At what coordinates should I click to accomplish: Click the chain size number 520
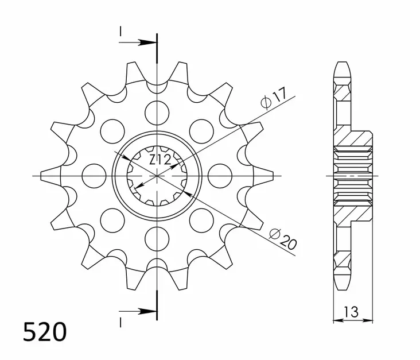point(45,332)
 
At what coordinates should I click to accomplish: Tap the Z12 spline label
point(160,160)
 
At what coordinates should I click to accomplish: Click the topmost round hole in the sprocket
point(156,109)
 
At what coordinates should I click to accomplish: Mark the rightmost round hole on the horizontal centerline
point(219,175)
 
